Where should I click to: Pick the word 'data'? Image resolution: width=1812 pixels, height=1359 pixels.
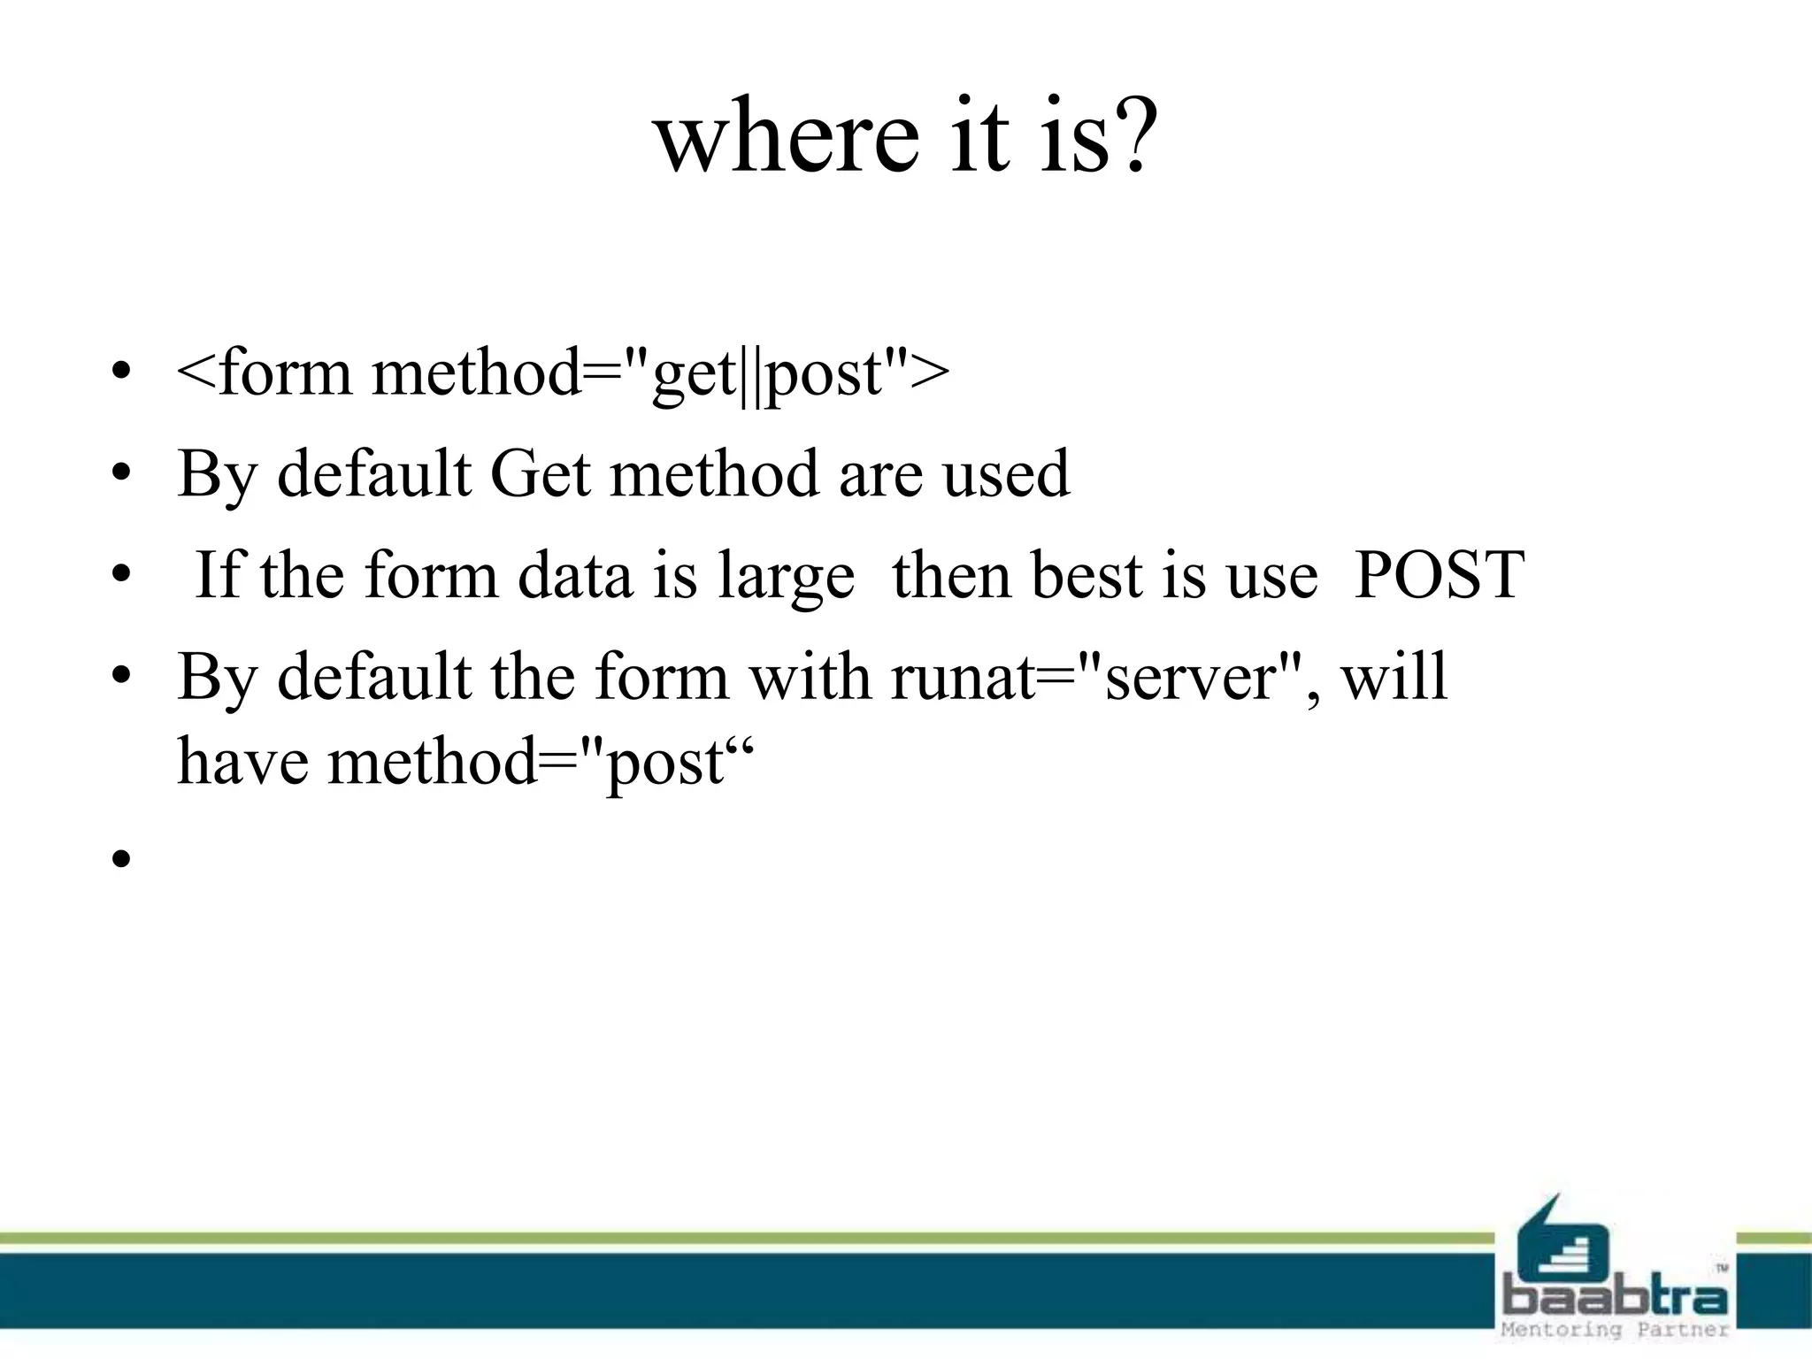click(575, 575)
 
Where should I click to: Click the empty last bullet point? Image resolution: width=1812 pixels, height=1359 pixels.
click(121, 858)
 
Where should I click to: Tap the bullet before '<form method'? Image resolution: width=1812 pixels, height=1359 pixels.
click(121, 372)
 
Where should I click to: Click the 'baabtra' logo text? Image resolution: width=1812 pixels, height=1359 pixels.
click(1616, 1299)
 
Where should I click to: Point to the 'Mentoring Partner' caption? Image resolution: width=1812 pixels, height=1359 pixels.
click(1616, 1330)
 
